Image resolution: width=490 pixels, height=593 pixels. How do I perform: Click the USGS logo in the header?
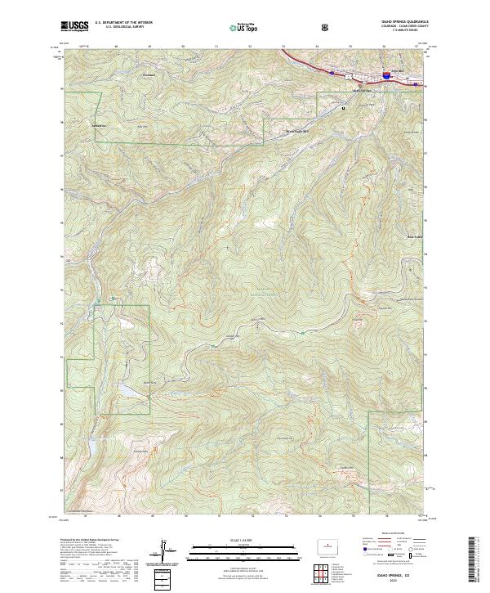[74, 26]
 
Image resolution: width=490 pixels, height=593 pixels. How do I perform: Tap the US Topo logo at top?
[242, 28]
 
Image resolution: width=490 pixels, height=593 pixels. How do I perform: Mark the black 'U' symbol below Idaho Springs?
[343, 108]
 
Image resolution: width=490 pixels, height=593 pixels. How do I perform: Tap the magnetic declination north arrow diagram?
[172, 551]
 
